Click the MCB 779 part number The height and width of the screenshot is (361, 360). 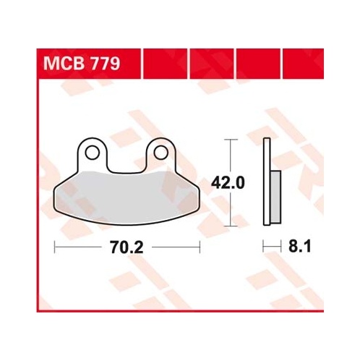[x=82, y=64]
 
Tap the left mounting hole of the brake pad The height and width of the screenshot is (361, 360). [x=92, y=153]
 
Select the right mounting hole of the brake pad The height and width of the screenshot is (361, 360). [x=160, y=153]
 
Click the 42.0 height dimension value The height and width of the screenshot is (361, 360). [x=228, y=182]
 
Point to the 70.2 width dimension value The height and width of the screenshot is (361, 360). [x=127, y=247]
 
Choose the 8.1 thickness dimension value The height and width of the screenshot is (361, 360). [x=300, y=247]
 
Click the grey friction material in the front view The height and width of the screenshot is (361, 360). [x=126, y=198]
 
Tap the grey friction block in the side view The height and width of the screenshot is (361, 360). [x=275, y=197]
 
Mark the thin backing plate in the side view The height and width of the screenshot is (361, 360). [x=267, y=182]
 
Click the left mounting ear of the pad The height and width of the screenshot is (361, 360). [x=92, y=154]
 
